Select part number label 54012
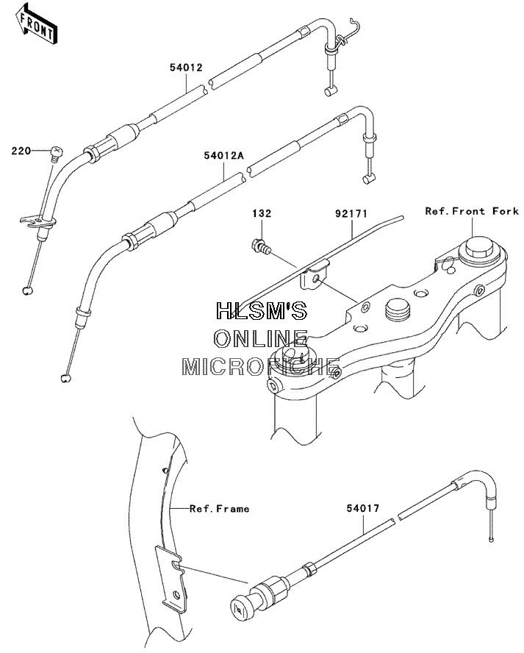pos(186,68)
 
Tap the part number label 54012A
pos(223,156)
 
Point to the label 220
pos(21,151)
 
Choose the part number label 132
pos(262,214)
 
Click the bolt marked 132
pos(261,246)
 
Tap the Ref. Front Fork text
pos(472,211)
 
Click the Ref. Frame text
pos(219,508)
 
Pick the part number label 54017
pos(363,508)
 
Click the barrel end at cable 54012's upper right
pos(330,91)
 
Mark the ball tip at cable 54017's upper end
pos(492,540)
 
